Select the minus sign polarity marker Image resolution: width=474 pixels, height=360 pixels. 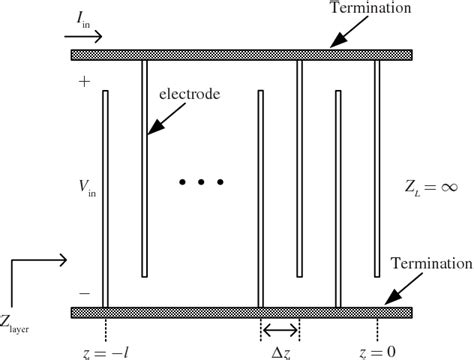click(83, 293)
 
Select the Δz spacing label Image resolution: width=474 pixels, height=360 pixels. click(280, 352)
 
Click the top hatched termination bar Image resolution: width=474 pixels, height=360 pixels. click(250, 55)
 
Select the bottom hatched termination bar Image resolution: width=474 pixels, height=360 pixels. click(250, 313)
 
